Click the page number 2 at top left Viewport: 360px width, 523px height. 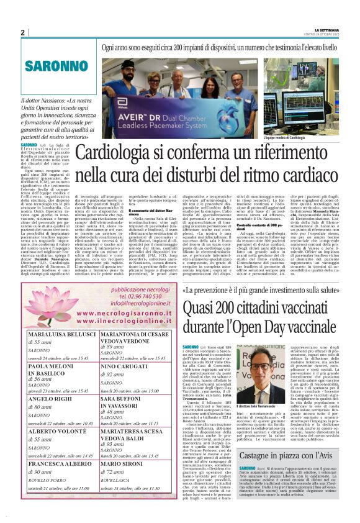click(x=22, y=32)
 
